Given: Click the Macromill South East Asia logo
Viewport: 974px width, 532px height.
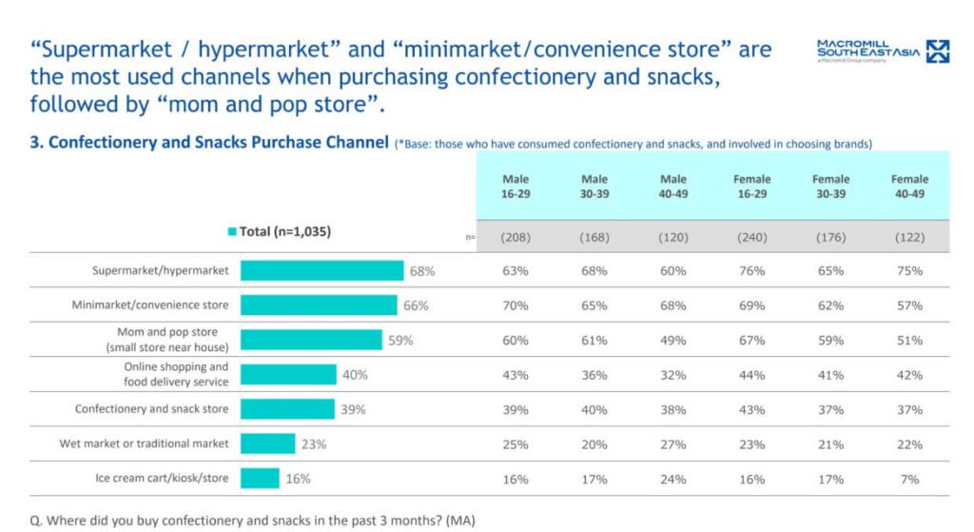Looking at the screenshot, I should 883,51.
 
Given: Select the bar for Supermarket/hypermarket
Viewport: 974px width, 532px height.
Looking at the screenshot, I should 321,270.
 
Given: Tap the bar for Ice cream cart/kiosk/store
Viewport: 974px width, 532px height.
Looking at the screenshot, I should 260,479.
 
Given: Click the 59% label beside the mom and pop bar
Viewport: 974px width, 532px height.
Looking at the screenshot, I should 400,340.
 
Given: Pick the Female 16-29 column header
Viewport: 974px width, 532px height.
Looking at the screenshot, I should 751,186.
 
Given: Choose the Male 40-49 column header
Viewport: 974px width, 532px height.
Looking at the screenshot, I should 672,186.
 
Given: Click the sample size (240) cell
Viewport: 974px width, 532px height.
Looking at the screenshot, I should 751,237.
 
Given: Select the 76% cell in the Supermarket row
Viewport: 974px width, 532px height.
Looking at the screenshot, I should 751,270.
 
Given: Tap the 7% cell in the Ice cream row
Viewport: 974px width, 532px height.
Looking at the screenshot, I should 909,479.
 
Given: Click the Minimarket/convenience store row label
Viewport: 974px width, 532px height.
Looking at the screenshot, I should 150,305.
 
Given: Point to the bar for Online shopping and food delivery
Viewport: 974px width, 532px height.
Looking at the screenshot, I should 288,374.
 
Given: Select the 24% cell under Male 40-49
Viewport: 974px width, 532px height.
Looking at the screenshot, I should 672,479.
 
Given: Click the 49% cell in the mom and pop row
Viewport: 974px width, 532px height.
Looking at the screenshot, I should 672,340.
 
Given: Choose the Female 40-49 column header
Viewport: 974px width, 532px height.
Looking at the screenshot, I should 909,186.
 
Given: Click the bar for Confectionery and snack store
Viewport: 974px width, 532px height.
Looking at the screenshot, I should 287,409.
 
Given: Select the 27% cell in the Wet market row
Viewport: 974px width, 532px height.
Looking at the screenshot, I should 672,443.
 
